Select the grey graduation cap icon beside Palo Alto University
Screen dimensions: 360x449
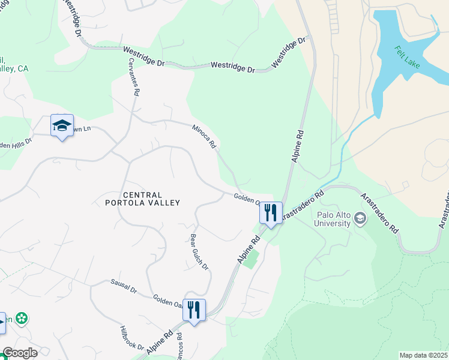[x=360, y=218]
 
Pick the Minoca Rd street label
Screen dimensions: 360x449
[x=204, y=136]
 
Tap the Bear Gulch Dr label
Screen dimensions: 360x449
[x=199, y=251]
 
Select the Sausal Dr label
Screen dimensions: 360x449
[x=124, y=286]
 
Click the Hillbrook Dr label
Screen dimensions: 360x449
[x=132, y=338]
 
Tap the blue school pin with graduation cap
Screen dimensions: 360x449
[x=62, y=126]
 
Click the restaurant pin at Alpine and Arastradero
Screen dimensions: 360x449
[x=271, y=213]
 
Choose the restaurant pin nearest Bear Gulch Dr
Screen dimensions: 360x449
[x=194, y=311]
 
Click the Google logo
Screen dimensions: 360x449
[x=19, y=353]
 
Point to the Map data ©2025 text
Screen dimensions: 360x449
[x=424, y=355]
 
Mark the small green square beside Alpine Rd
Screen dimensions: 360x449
[x=252, y=259]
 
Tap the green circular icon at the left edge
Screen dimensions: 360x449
[x=23, y=319]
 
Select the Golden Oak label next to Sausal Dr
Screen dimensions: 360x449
[x=167, y=299]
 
